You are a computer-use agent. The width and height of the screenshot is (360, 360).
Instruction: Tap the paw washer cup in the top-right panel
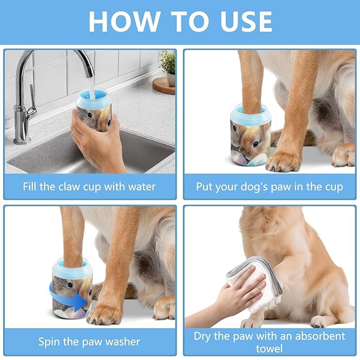tap(251, 133)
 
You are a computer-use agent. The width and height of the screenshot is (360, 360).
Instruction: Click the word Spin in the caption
tap(50, 341)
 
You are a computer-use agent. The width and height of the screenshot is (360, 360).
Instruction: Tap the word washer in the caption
tap(123, 341)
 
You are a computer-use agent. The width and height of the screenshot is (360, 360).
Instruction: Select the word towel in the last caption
tap(269, 348)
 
